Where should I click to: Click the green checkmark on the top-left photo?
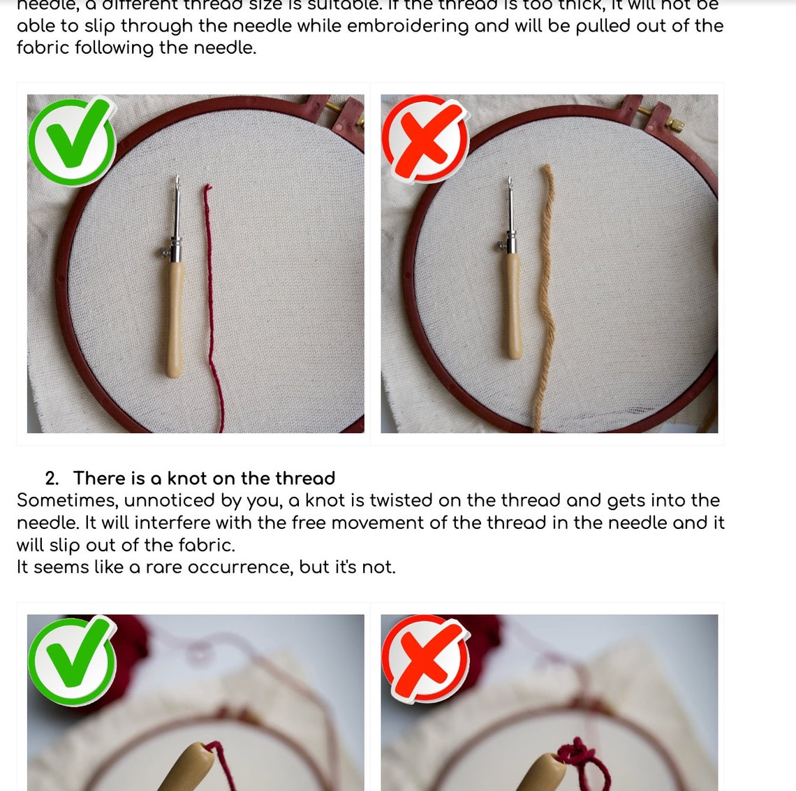click(x=72, y=141)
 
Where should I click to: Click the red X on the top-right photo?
click(x=425, y=139)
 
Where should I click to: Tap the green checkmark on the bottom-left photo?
click(x=72, y=660)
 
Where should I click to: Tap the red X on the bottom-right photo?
click(x=425, y=659)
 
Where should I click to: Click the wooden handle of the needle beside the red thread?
click(x=175, y=318)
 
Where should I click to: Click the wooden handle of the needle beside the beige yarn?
click(x=514, y=307)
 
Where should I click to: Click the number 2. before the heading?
click(x=52, y=479)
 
